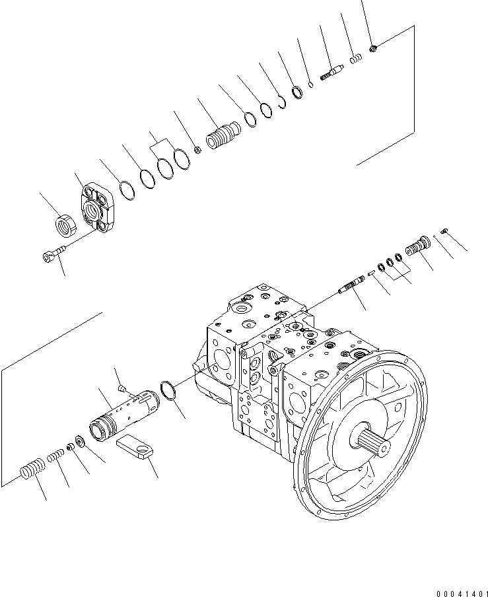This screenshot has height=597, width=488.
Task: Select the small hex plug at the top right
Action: (x=373, y=48)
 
